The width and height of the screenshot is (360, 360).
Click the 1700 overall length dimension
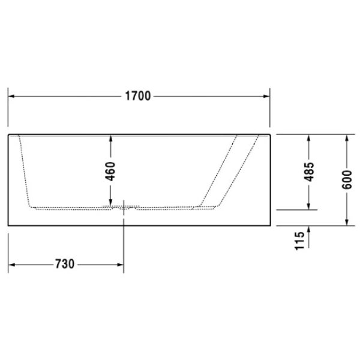coord(137,95)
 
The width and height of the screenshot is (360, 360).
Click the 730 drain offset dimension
coord(64,263)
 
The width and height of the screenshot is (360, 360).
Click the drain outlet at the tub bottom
coord(124,209)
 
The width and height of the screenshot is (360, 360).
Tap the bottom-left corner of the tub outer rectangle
coord(8,226)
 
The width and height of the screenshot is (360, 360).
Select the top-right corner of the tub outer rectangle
coord(270,134)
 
